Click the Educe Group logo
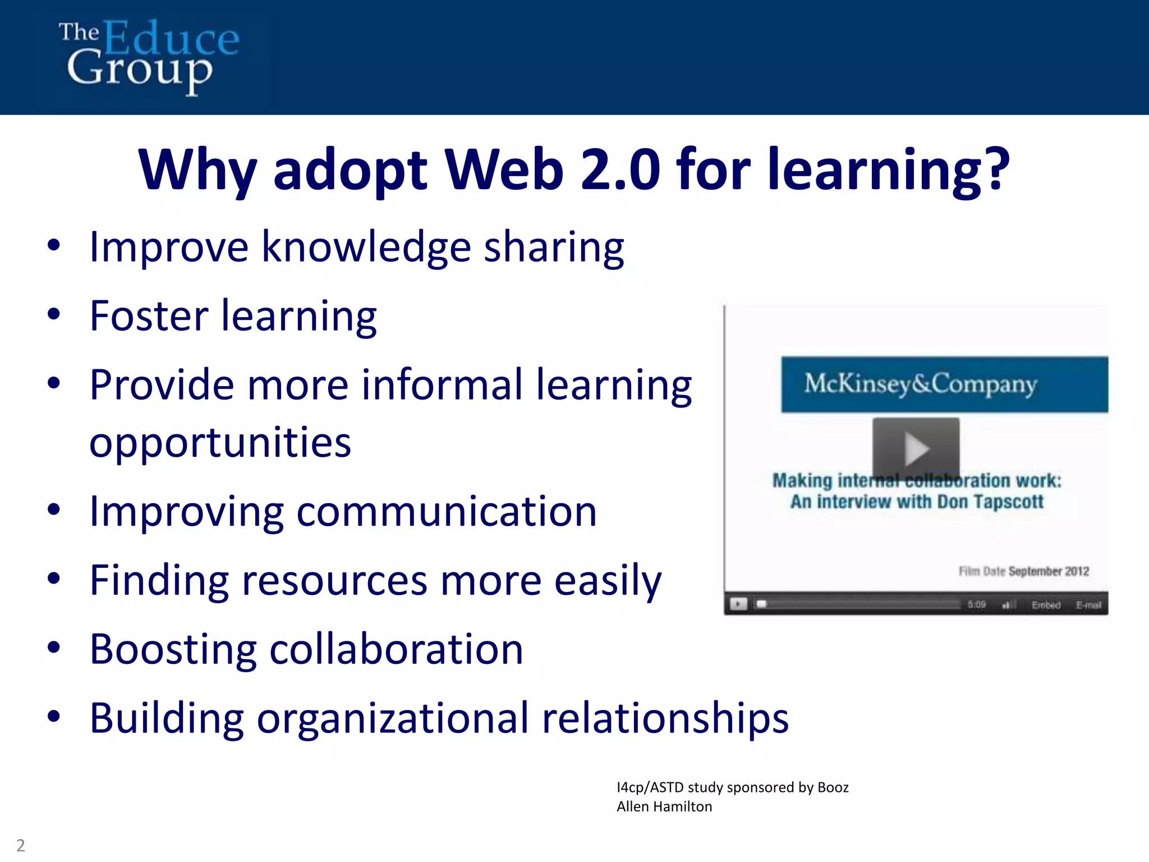149,56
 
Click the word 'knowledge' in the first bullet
366,247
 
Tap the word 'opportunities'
220,443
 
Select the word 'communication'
447,512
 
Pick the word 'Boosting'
173,650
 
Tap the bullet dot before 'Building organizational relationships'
54,717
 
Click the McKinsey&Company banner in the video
944,384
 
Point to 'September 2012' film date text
1048,571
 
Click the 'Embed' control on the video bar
1046,605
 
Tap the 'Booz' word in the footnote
833,787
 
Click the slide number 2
21,845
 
